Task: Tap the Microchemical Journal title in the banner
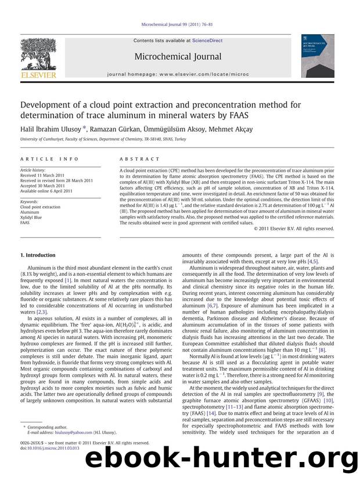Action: (178, 57)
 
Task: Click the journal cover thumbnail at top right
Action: (317, 56)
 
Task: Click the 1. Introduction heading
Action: (38, 255)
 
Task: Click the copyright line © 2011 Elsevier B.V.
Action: (294, 229)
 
